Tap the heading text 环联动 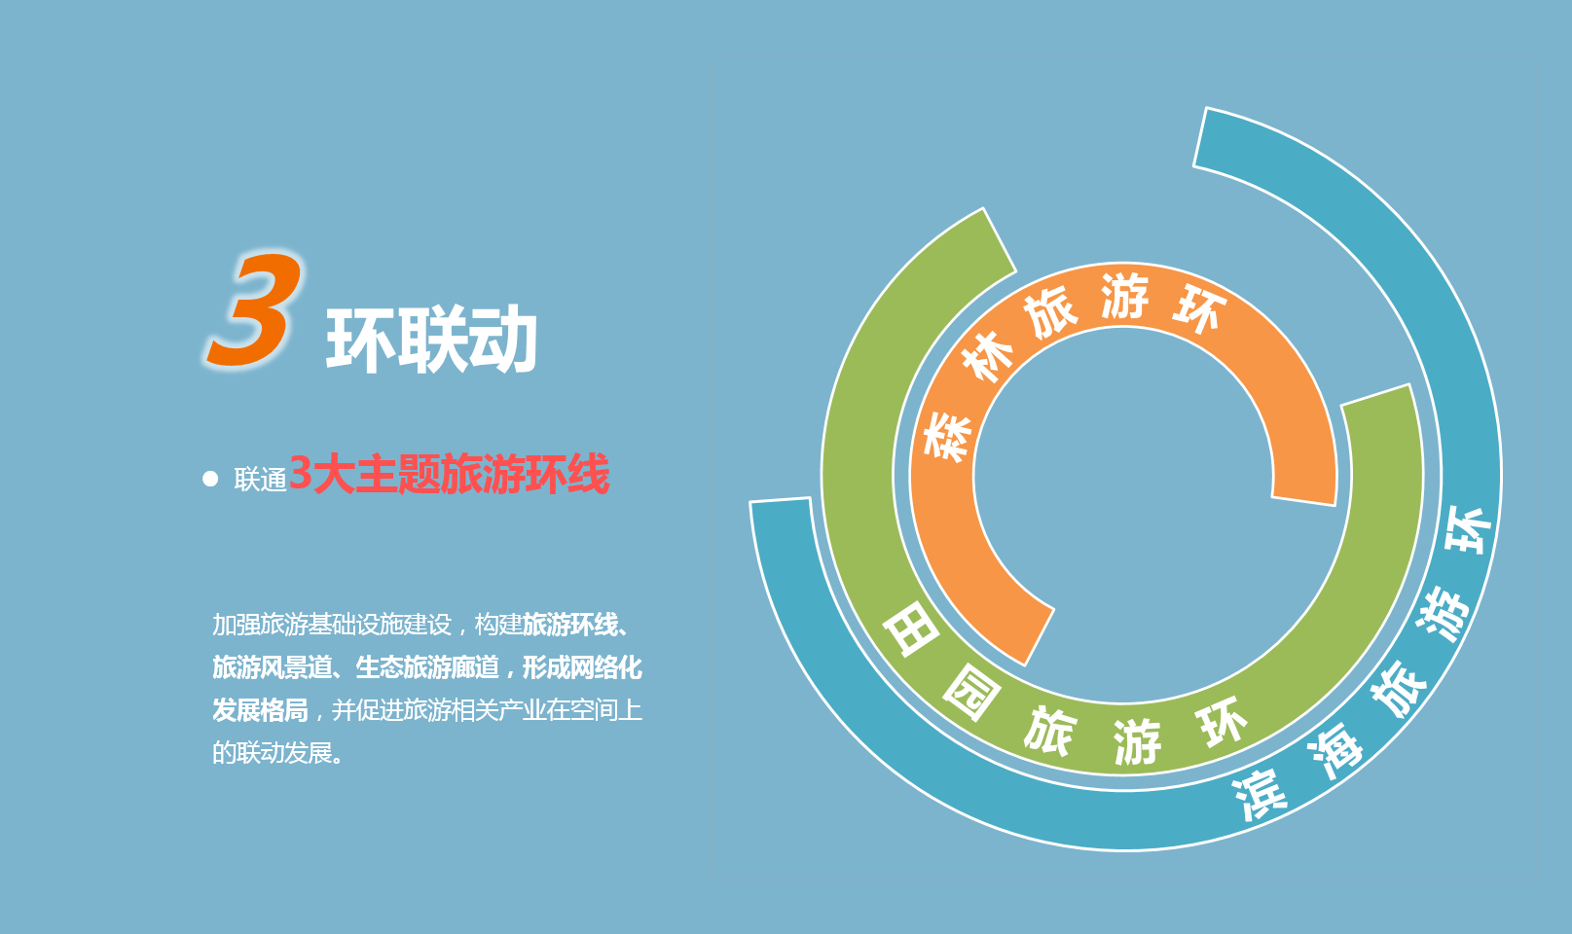[431, 341]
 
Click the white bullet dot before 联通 [210, 479]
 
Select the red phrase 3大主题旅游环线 [449, 475]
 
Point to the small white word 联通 [260, 481]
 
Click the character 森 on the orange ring [948, 436]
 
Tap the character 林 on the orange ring [987, 358]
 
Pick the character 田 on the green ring [911, 629]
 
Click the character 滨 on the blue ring [1261, 795]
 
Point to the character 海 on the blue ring [1334, 750]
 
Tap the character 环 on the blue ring [1468, 529]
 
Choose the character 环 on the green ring [1222, 722]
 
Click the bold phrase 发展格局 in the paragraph [260, 710]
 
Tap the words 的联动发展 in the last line [273, 753]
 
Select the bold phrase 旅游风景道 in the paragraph [273, 667]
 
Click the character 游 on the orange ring [1124, 295]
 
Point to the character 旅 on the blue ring [1399, 689]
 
